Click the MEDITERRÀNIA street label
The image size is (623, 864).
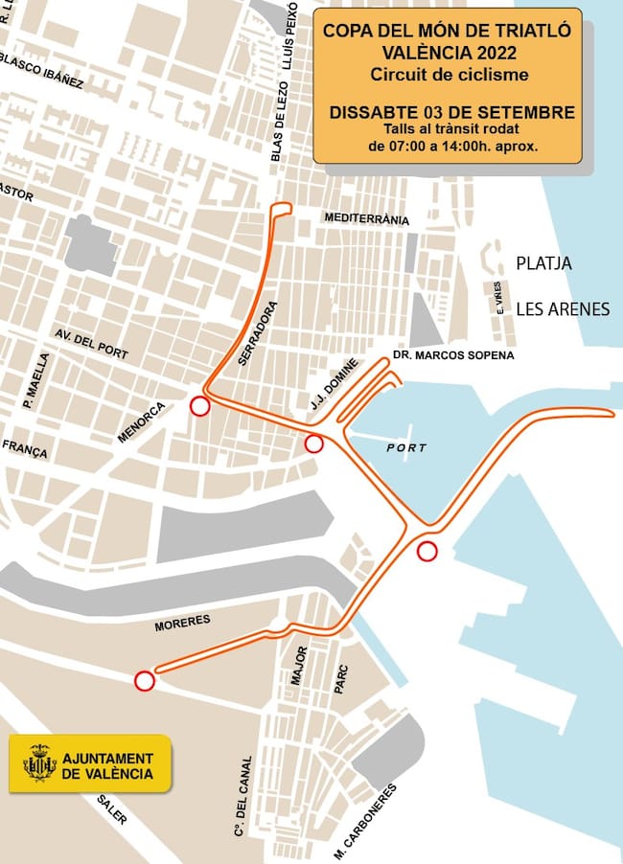[x=367, y=219]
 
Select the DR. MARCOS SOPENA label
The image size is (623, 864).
[x=453, y=355]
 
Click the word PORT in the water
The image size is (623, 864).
[x=406, y=448]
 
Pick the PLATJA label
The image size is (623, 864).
[x=543, y=262]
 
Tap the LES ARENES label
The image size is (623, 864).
[x=563, y=308]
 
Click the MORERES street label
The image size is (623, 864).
[x=182, y=624]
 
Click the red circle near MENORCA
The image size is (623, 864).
[x=199, y=406]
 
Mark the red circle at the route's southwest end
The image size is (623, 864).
[x=144, y=680]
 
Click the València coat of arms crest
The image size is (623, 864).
[x=39, y=764]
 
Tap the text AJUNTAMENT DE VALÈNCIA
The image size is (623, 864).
[x=106, y=764]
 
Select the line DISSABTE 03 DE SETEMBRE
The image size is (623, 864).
[x=452, y=112]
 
